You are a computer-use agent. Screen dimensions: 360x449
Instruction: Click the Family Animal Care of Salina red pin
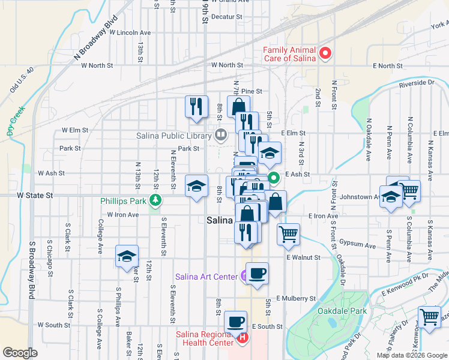coord(325,54)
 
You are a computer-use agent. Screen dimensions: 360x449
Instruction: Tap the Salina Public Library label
coord(174,135)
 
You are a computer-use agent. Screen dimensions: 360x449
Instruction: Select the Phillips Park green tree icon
coord(155,200)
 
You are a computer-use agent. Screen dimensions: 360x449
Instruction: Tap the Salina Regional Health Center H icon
coord(243,338)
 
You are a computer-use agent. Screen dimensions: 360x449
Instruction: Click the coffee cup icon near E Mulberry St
coord(257,274)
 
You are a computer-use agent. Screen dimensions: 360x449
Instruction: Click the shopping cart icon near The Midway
coord(429,316)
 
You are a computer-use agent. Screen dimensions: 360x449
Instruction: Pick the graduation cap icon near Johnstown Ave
coord(391,197)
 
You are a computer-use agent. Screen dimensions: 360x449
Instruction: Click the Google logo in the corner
coord(20,353)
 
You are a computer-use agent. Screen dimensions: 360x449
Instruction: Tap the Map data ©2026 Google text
coord(412,355)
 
